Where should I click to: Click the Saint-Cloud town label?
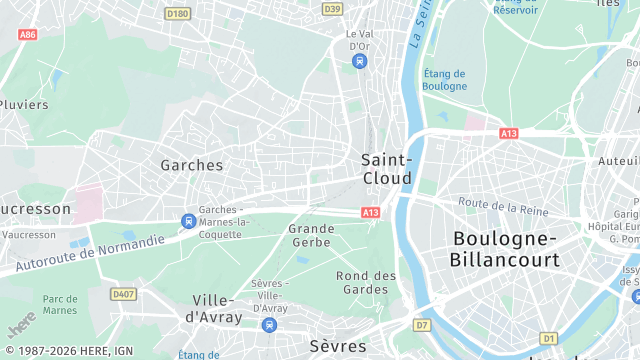[x=386, y=168]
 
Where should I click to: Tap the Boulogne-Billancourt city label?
[x=505, y=248]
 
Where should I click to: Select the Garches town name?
[x=192, y=165]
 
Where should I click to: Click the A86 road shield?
[x=27, y=34]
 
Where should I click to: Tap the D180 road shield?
[x=177, y=13]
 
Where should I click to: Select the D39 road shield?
[x=332, y=9]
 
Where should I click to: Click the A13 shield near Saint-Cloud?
[x=371, y=212]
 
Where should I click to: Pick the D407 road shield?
[x=123, y=293]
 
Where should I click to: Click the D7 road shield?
[x=421, y=325]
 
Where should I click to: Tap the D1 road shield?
[x=547, y=338]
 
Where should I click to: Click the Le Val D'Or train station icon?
[x=359, y=61]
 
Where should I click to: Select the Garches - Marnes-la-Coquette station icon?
[x=187, y=220]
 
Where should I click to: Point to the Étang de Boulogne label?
[x=445, y=79]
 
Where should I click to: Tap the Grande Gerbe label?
[x=311, y=235]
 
